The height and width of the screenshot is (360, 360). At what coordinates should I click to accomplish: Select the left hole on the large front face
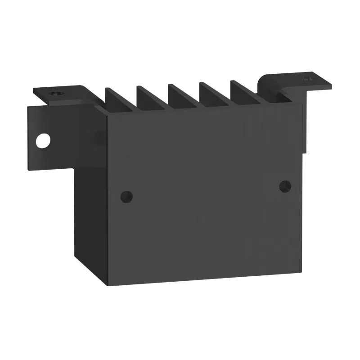tap(127, 196)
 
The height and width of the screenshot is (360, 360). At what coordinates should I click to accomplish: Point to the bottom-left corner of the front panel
tap(107, 285)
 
